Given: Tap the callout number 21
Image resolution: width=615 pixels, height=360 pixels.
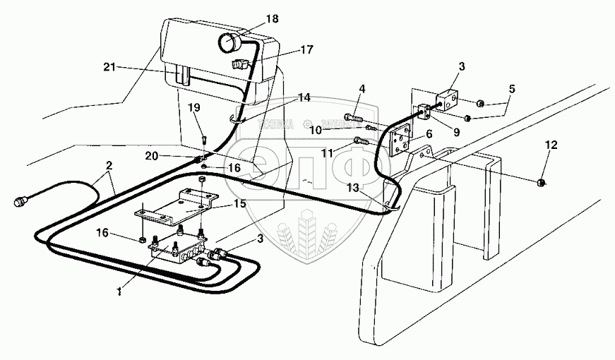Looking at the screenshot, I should pos(108,68).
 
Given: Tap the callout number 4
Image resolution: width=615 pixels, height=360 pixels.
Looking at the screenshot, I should pos(362,89).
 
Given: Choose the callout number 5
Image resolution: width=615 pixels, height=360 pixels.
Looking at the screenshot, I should pos(511,89).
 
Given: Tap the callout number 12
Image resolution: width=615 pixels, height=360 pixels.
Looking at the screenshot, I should pos(551,145).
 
